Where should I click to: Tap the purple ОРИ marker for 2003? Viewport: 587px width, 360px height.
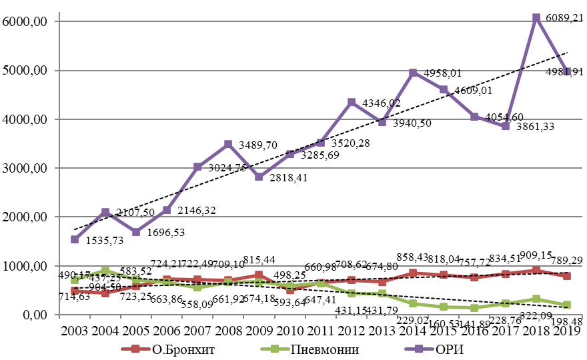[x=75, y=239]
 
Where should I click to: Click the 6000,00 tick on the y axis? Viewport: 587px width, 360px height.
[x=26, y=21]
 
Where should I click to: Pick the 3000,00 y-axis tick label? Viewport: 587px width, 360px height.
[x=26, y=168]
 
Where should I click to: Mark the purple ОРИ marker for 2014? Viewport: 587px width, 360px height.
[x=413, y=73]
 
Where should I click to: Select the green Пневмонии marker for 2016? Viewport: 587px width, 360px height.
[x=474, y=308]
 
